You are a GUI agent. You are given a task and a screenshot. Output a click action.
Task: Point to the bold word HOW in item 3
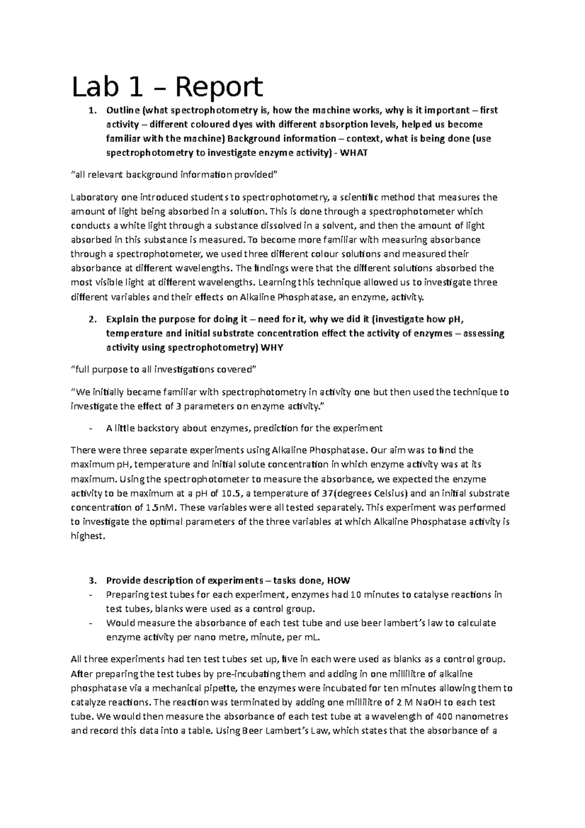pos(338,580)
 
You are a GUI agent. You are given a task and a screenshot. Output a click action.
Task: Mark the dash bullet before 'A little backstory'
pos(91,429)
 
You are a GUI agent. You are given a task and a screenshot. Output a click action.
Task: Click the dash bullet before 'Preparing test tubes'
pos(91,595)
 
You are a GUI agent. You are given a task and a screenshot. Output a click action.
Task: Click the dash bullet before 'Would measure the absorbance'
pos(91,623)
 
